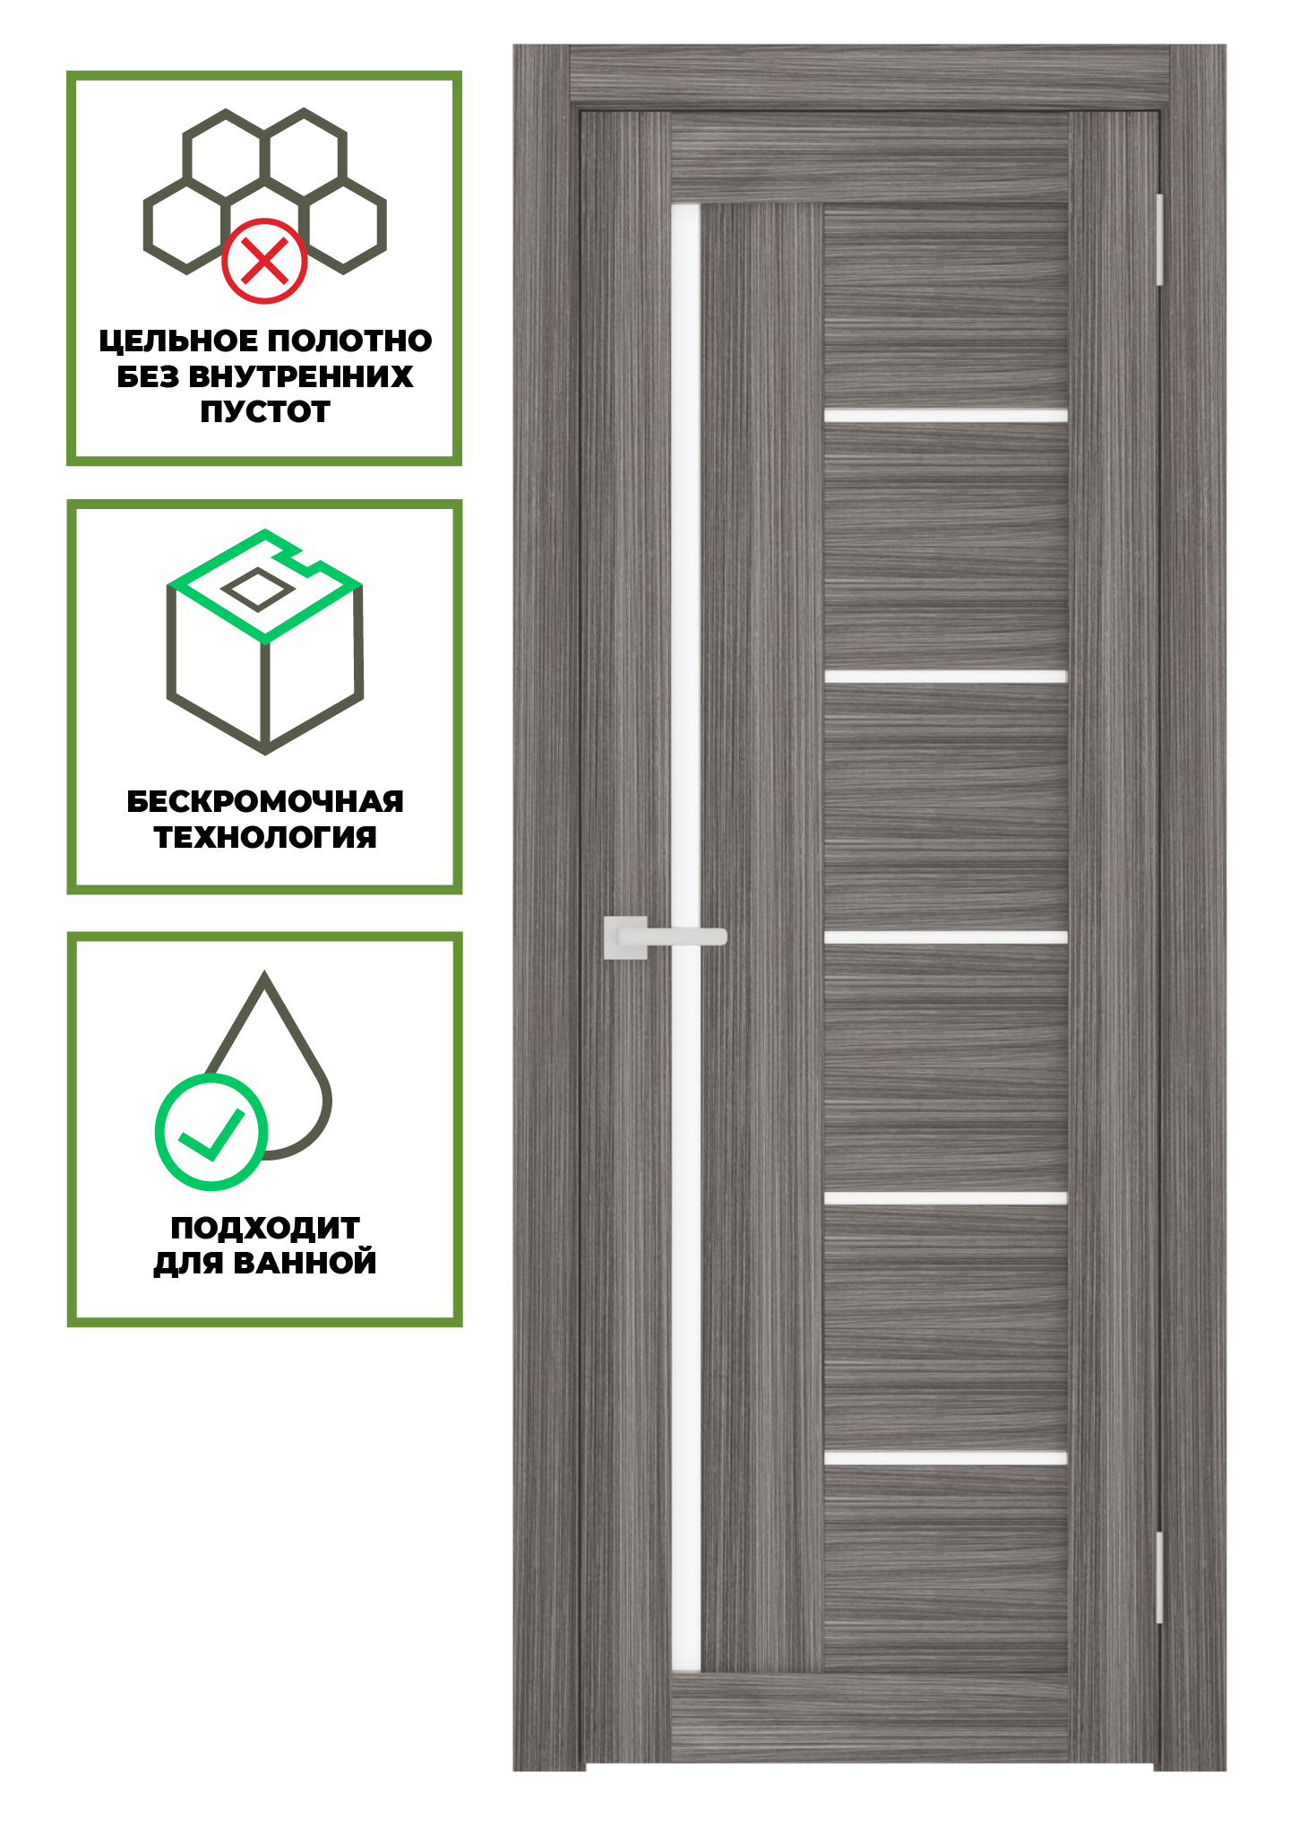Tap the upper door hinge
tap(1158, 239)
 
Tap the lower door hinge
tap(1158, 1578)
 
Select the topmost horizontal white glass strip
tap(945, 415)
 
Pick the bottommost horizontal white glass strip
tap(945, 1458)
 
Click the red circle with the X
tap(264, 261)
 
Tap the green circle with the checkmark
tap(211, 1132)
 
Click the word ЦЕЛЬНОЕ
tap(178, 341)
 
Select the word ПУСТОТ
tap(265, 412)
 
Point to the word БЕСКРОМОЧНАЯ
tap(265, 801)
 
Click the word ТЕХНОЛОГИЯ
tap(265, 837)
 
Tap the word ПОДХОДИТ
tap(265, 1228)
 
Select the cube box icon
tap(265, 663)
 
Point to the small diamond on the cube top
tap(257, 590)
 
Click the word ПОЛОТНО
tap(349, 341)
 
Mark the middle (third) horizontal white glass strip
tap(945, 937)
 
